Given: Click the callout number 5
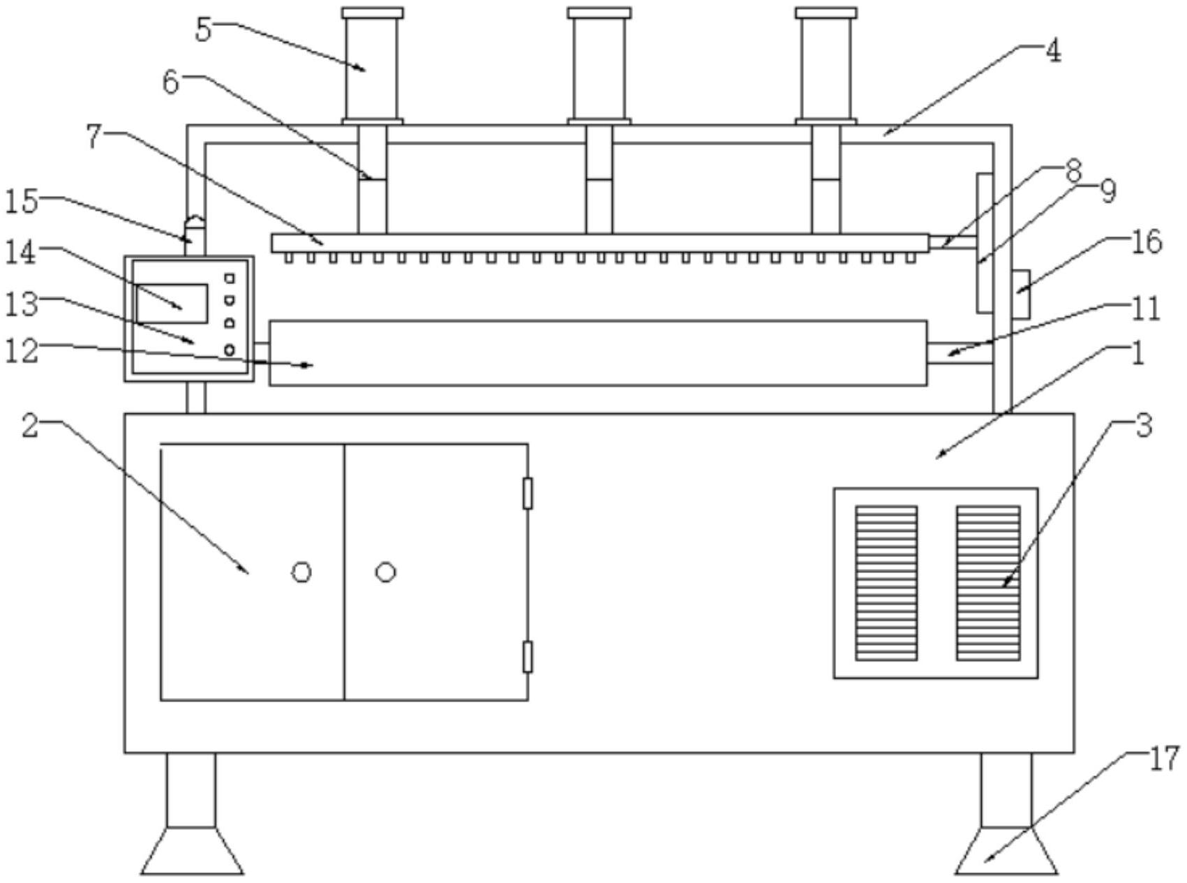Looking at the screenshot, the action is (203, 30).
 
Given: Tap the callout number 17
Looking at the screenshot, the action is (1163, 759).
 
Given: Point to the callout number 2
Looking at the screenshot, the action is (29, 426).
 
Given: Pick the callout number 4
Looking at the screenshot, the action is (1053, 51).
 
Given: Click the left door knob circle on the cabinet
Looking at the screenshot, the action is (301, 572).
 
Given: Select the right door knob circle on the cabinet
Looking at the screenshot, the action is (386, 572).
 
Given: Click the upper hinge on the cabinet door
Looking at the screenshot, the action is (528, 494).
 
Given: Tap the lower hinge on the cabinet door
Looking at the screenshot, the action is (528, 657).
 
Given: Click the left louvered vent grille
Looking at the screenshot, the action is (886, 583).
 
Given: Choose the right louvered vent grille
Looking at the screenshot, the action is (988, 583).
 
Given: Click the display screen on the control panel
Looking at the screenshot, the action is (172, 303).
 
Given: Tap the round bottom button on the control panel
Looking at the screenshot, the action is (229, 350).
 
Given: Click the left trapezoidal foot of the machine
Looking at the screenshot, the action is (192, 850).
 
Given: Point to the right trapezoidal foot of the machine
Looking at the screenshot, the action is (1006, 850).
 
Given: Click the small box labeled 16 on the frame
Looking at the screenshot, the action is (1021, 293).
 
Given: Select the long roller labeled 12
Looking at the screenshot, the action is (598, 353).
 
